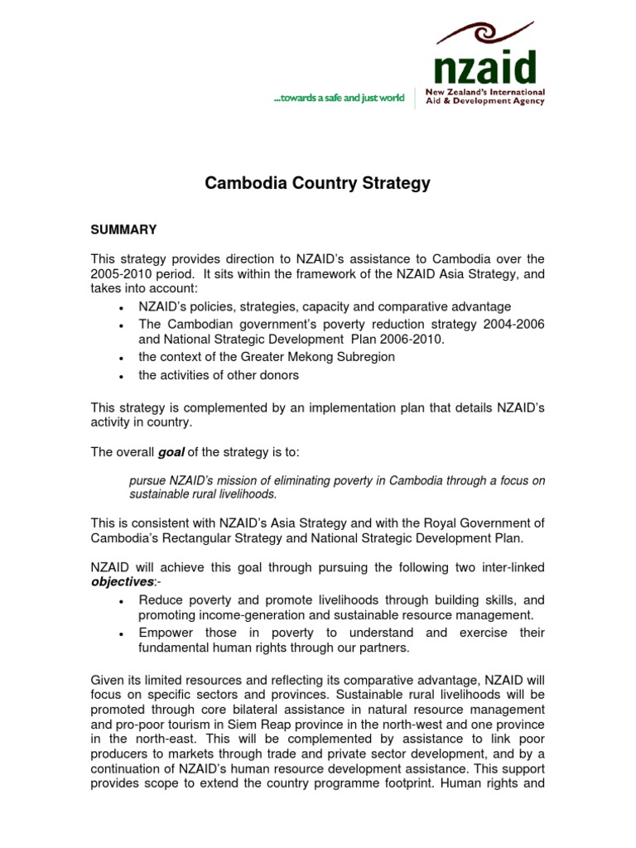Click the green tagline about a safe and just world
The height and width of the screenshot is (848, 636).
coord(339,98)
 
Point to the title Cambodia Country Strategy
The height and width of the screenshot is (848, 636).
coord(317,184)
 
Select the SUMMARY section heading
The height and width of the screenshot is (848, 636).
coord(123,229)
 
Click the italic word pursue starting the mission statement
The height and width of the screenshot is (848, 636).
coord(147,481)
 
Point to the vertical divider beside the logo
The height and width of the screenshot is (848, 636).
coord(415,98)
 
